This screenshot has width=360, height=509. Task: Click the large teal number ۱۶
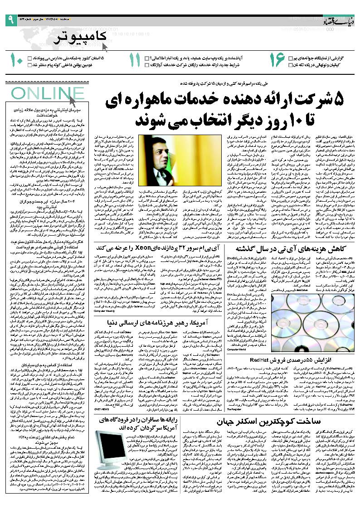(277, 61)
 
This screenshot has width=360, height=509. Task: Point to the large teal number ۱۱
(135, 61)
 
